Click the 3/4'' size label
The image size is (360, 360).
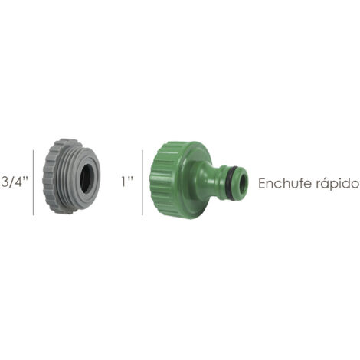[14, 182]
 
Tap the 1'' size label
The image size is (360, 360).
[127, 182]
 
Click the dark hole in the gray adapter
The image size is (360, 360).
[86, 175]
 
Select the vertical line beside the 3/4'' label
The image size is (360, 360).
[33, 182]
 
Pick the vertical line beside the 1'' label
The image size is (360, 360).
[142, 182]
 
